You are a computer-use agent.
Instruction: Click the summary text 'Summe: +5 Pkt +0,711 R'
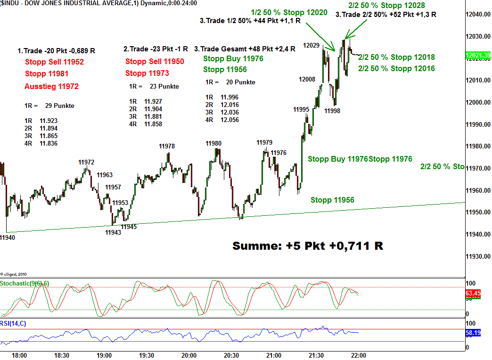click(308, 245)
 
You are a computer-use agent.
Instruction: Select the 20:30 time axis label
click(231, 355)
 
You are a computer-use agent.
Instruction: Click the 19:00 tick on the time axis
click(104, 355)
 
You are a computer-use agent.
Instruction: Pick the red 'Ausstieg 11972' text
click(51, 86)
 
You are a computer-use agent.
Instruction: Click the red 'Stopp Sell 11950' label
click(155, 61)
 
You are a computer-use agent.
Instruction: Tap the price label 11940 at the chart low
click(8, 238)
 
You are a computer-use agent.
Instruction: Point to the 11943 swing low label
click(113, 232)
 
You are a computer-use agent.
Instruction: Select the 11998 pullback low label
click(332, 111)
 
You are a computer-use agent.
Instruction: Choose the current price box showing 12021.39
click(478, 56)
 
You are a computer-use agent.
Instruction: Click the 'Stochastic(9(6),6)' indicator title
click(25, 283)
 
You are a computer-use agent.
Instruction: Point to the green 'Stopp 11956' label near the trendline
click(332, 200)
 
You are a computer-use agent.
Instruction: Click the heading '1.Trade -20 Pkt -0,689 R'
click(56, 50)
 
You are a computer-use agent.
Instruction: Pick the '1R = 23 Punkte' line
click(154, 86)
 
